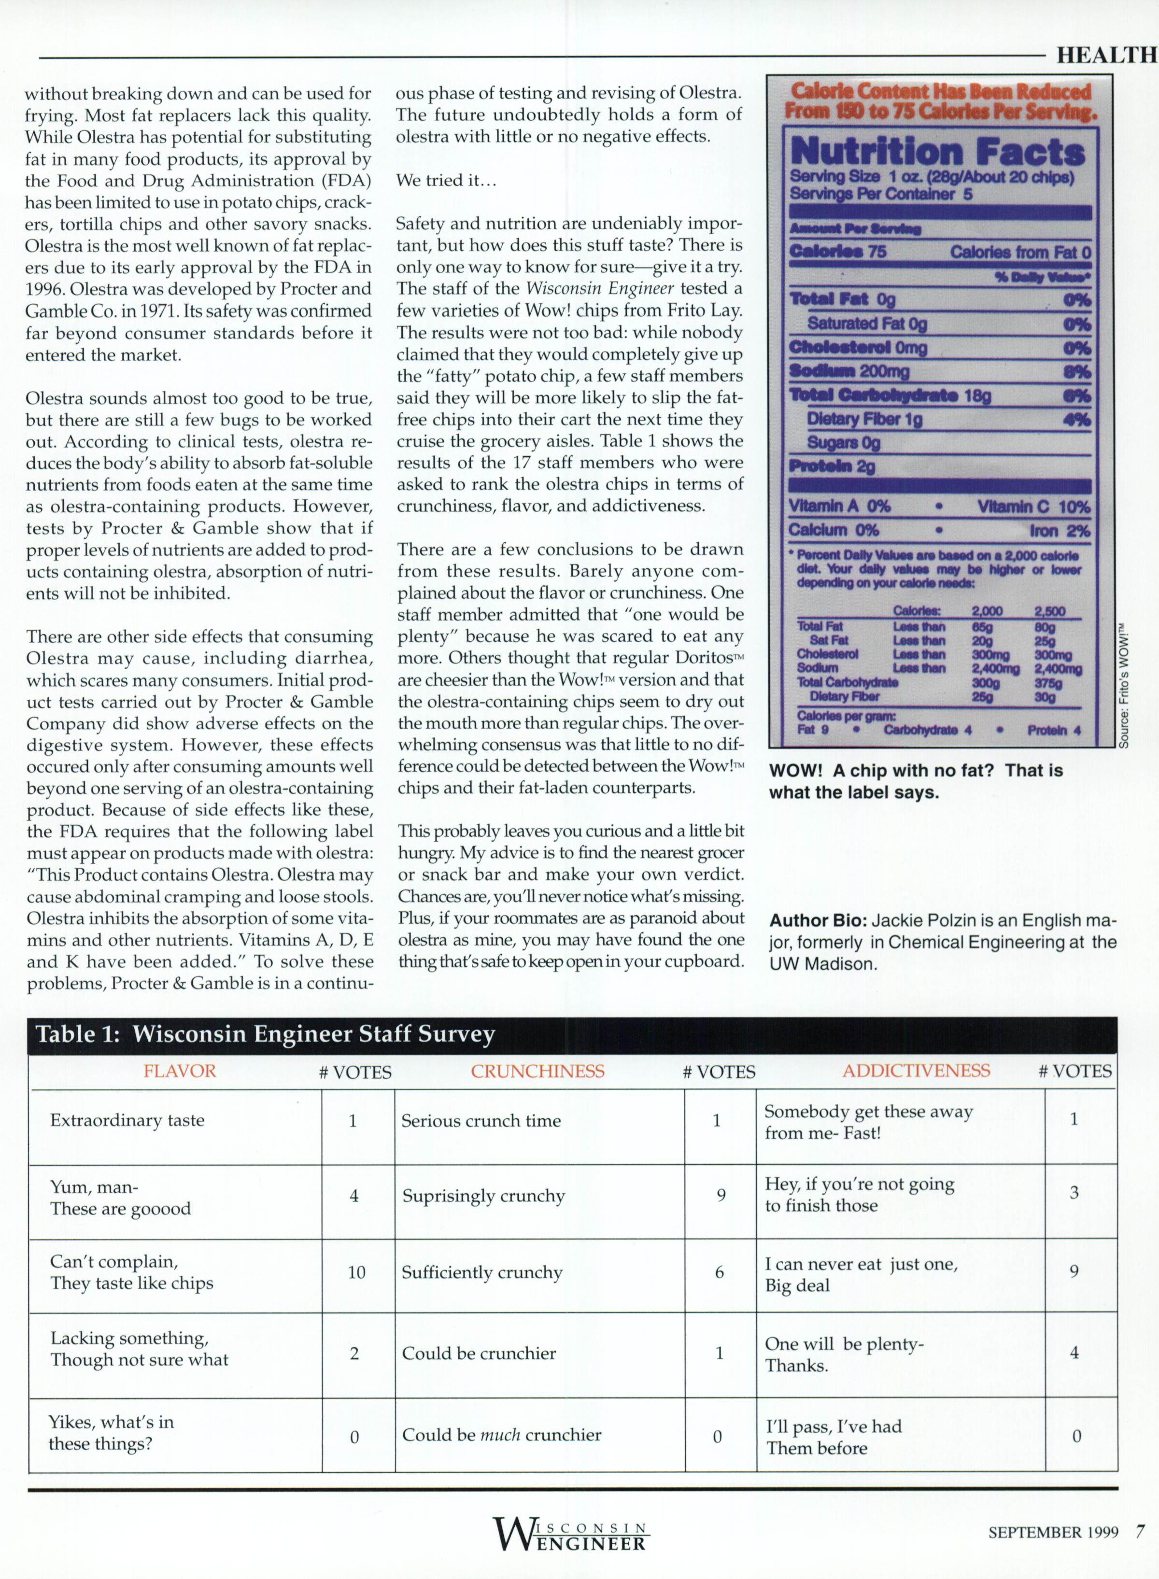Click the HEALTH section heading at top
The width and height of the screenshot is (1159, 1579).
[x=1106, y=56]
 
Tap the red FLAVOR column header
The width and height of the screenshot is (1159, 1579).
[x=180, y=1071]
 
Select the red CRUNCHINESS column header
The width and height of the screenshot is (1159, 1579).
[x=537, y=1071]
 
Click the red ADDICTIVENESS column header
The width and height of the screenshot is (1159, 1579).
[x=916, y=1071]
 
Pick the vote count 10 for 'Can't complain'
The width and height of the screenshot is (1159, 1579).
[x=356, y=1272]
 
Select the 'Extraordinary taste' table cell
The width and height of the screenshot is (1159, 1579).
[x=127, y=1120]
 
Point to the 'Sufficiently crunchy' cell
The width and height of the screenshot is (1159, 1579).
[x=482, y=1272]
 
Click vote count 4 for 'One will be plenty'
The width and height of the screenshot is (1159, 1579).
[x=1074, y=1353]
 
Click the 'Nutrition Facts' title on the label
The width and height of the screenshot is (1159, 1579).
[x=937, y=152]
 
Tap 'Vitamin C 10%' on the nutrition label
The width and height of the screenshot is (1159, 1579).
[x=1033, y=507]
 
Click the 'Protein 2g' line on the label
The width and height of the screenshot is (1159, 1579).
[x=832, y=466]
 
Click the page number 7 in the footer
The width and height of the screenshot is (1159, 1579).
[x=1140, y=1531]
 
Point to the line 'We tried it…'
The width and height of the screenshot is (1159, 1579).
[x=446, y=180]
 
